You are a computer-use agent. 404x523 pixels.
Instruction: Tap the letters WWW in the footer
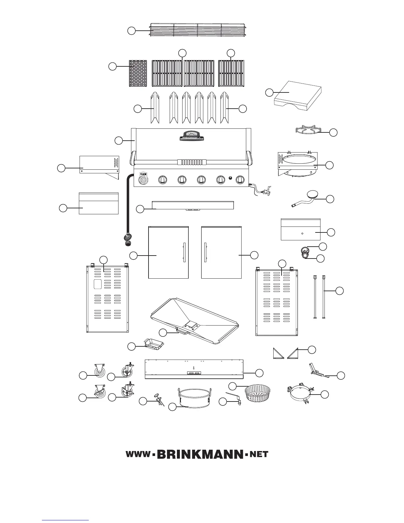[138, 455]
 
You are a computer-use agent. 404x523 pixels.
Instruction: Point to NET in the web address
[259, 455]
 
